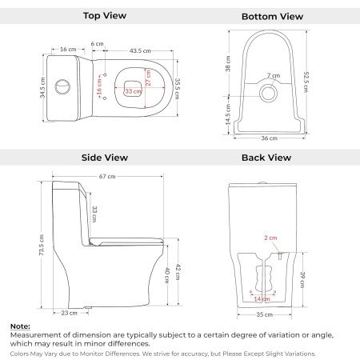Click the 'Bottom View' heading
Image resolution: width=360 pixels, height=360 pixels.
click(x=272, y=16)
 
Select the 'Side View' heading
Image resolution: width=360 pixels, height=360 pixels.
click(x=105, y=158)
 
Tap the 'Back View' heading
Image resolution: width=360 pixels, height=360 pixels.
click(x=266, y=158)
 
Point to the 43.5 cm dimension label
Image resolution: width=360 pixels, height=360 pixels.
click(x=141, y=50)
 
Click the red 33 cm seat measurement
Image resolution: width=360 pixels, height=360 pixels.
click(x=133, y=92)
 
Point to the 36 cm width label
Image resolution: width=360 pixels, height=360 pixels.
click(x=268, y=138)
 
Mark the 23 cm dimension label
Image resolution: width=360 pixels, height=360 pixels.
click(x=70, y=313)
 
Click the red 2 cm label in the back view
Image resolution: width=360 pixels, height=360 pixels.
click(x=271, y=238)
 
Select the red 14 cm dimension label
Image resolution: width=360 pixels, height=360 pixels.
click(x=262, y=298)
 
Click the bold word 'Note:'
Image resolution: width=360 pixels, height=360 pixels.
click(x=20, y=326)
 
